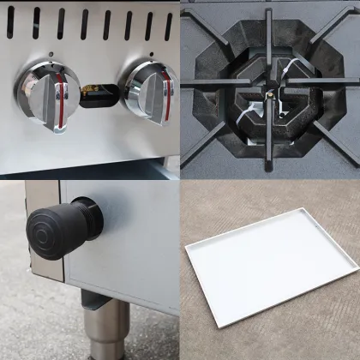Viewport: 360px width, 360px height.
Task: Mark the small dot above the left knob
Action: pos(51,55)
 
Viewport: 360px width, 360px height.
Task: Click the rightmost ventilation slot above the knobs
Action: pos(168,24)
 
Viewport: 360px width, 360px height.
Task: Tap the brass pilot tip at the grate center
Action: pos(269,92)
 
